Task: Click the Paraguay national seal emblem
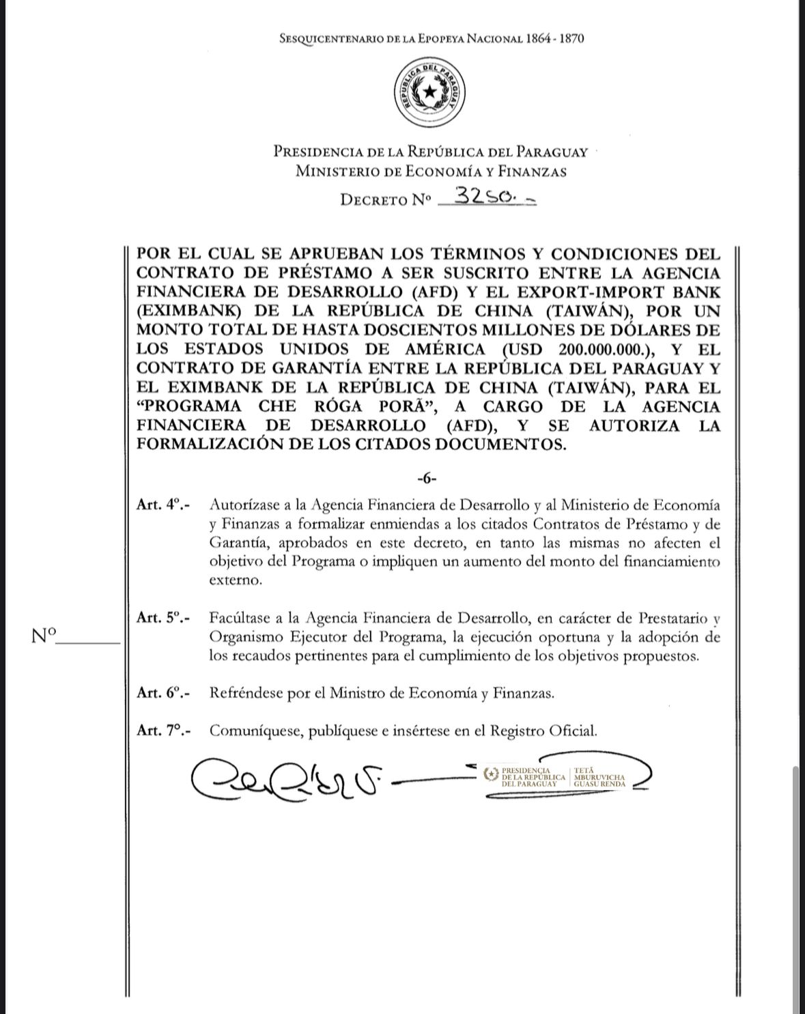pos(429,91)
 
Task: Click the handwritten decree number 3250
pos(486,197)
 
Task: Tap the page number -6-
pos(427,478)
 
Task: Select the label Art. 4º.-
pos(163,505)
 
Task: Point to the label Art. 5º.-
pos(163,618)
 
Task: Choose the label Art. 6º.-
pos(163,692)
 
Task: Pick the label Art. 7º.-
pos(163,730)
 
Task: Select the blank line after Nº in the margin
pos(89,641)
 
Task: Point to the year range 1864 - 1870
pos(554,39)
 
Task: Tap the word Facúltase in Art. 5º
pos(239,619)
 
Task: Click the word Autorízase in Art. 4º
pos(243,506)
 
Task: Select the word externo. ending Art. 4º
pos(236,581)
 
